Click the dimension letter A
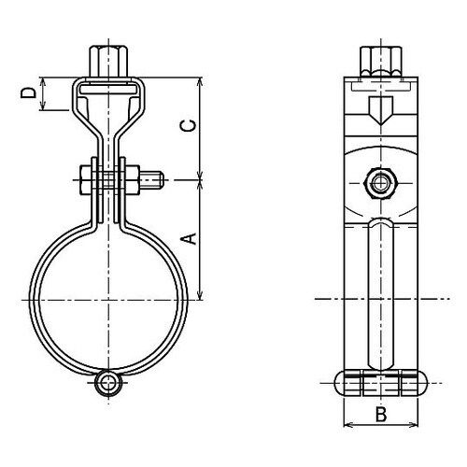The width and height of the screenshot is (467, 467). (190, 238)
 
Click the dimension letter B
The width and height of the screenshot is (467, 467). (381, 415)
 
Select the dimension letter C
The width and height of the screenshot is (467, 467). (190, 125)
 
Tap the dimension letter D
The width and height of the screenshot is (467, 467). (28, 92)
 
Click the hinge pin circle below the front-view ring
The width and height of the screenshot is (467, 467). (108, 383)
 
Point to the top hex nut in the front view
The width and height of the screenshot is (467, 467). (108, 62)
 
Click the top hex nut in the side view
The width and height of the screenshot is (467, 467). (381, 62)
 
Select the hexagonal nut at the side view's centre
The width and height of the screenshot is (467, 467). (380, 183)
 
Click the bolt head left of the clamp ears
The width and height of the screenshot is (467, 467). (86, 180)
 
